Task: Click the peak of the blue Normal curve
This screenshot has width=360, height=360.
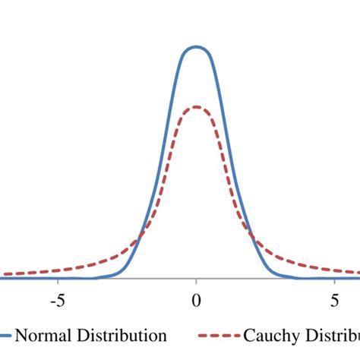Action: click(x=196, y=47)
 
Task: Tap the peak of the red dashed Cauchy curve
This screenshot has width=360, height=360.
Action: click(x=196, y=107)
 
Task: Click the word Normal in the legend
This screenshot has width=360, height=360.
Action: click(x=39, y=335)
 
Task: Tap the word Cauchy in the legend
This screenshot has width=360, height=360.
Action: click(x=268, y=335)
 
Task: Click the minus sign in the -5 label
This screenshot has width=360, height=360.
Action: click(x=52, y=301)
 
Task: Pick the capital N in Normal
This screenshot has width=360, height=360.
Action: click(x=21, y=335)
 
